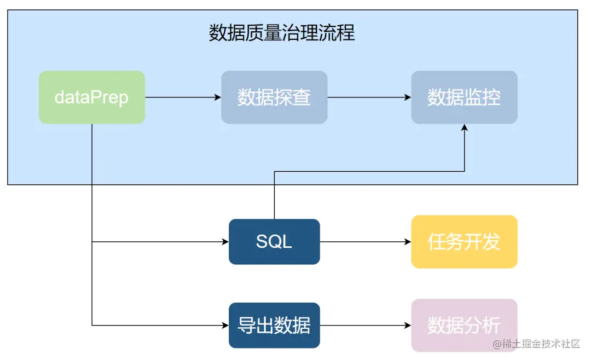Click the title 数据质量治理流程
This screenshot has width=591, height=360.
click(282, 33)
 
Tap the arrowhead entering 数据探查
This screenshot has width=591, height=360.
click(217, 97)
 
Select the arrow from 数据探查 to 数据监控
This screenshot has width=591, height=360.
click(369, 97)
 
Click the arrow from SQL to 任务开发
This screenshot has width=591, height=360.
click(366, 242)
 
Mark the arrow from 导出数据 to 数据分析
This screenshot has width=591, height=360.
click(366, 326)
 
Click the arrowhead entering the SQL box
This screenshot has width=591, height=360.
click(225, 242)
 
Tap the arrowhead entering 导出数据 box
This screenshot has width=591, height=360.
click(225, 326)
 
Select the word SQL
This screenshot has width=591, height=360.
click(274, 241)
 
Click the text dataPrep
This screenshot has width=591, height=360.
click(91, 97)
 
